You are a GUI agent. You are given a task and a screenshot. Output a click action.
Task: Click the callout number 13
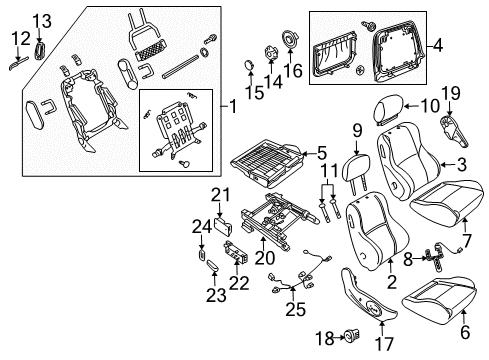coord(42,21)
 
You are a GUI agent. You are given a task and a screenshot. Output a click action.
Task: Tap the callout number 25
coord(296,310)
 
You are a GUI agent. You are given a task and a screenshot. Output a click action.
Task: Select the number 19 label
coord(451,94)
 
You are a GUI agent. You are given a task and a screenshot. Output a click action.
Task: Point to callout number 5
coord(322,154)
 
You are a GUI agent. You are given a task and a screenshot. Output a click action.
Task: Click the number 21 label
coord(220,195)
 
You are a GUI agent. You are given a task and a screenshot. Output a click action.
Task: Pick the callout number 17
coord(384,344)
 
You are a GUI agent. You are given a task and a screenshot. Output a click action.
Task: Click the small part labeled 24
coord(201,255)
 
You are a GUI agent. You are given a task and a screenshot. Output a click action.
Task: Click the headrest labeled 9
coord(357,170)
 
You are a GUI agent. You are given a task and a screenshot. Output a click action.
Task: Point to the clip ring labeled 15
coord(249,64)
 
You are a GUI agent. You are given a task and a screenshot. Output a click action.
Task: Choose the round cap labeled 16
coord(290,40)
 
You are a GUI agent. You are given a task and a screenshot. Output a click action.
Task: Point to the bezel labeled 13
coord(40,51)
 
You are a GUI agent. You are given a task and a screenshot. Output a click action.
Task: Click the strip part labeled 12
coord(19,64)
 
